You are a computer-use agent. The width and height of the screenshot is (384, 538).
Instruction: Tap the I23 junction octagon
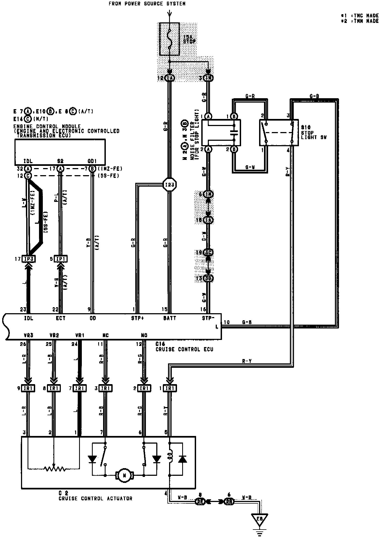pos(169,185)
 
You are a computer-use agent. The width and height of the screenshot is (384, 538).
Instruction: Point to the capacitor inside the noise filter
pos(234,133)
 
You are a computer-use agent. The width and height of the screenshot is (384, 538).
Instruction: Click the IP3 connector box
pos(29,259)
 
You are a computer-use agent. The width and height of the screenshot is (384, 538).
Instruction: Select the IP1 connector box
pos(61,259)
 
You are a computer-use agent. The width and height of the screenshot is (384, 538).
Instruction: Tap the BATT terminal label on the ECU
pos(169,318)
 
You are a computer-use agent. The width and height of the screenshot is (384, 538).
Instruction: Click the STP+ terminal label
pos(137,318)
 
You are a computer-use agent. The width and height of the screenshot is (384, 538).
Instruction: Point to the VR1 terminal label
pos(79,335)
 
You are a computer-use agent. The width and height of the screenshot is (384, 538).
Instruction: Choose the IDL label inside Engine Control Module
pos(28,162)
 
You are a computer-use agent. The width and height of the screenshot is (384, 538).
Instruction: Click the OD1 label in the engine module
pos(92,162)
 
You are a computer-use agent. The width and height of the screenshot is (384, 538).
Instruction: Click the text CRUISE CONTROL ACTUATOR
pos(95,498)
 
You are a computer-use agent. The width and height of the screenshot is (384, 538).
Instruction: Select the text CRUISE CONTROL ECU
pos(184,349)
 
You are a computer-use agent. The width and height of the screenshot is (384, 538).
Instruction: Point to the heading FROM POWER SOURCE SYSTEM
pos(147,4)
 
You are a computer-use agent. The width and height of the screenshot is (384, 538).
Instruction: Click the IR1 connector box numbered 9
pos(28,388)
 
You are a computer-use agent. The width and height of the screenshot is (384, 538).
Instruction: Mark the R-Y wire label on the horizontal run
pos(247,361)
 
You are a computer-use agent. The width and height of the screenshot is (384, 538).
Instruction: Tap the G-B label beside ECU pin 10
pos(247,322)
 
